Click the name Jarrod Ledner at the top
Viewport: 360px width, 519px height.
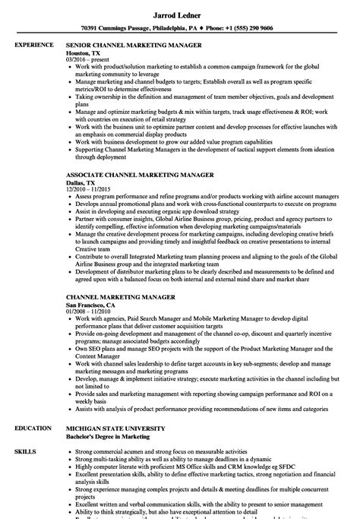tap(180, 12)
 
